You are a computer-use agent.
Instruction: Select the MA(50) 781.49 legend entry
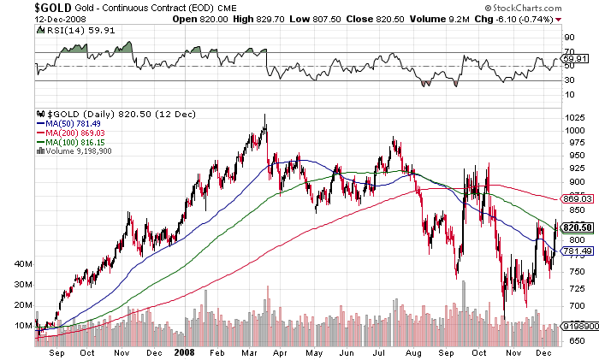click(68, 121)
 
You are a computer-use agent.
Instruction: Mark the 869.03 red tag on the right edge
click(580, 198)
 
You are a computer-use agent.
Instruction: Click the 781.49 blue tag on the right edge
click(580, 251)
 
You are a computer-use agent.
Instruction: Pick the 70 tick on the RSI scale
click(567, 53)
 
